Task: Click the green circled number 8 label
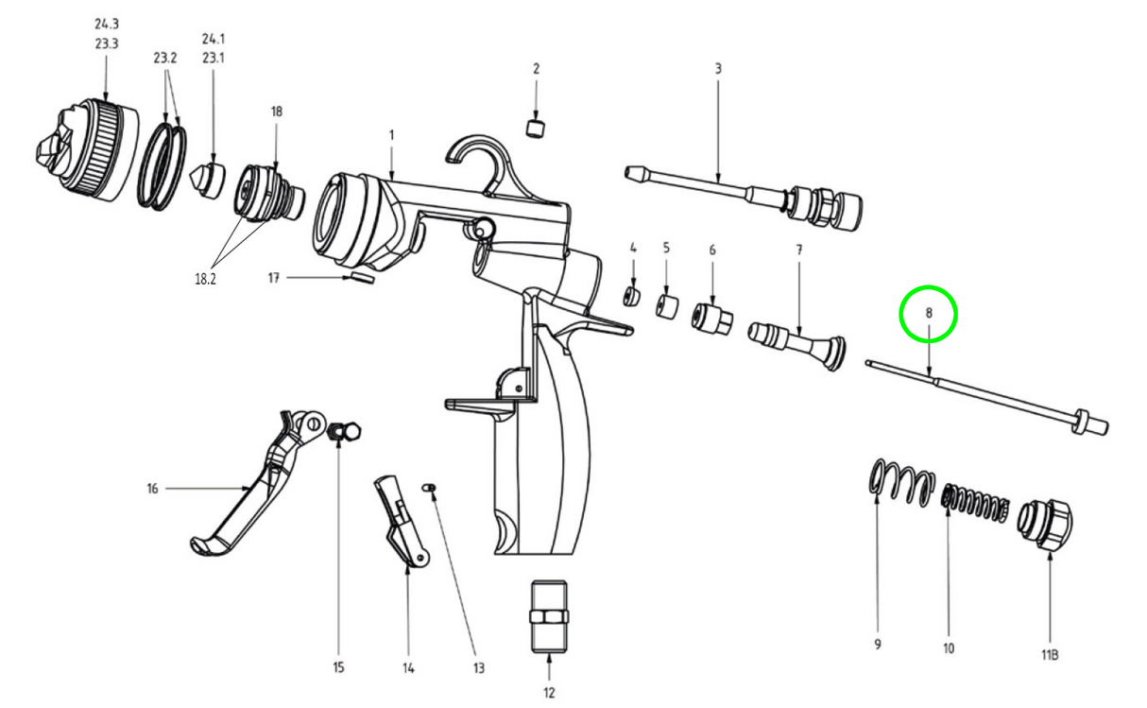[929, 313]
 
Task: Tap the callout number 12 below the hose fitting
[549, 693]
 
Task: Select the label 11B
[1050, 655]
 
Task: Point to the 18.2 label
[205, 279]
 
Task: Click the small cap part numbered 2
[536, 128]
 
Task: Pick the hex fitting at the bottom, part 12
[549, 616]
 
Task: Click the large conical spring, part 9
[901, 482]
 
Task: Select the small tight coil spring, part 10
[975, 503]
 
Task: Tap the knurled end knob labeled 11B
[1045, 526]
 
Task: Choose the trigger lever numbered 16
[258, 483]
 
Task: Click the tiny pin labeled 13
[429, 487]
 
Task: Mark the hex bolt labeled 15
[344, 431]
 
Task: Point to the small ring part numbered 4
[632, 297]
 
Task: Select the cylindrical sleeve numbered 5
[667, 306]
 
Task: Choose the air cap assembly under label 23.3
[87, 149]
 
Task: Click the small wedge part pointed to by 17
[362, 278]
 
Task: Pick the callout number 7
[798, 250]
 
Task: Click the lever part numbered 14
[402, 521]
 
